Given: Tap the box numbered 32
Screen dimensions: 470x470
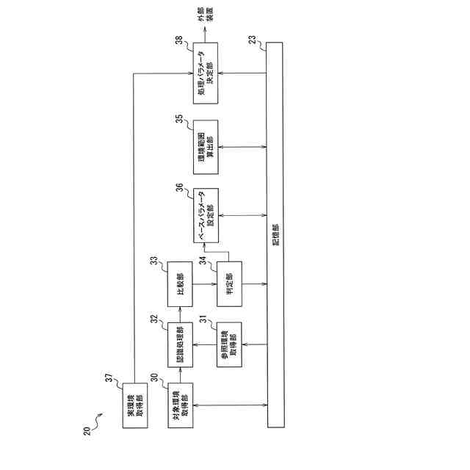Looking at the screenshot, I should tap(181, 344).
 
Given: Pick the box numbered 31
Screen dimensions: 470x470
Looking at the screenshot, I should tap(228, 344).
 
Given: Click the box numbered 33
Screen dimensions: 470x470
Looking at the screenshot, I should tap(181, 283).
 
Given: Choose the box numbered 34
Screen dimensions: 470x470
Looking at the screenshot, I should tap(228, 283).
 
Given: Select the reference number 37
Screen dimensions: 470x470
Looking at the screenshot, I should tap(108, 379).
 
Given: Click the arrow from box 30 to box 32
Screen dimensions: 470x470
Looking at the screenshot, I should tap(181, 375).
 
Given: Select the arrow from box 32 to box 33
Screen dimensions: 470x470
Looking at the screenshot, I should tap(181, 314).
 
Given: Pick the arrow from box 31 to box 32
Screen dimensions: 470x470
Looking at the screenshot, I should tap(205, 344).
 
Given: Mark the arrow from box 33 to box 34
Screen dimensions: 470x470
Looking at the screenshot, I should tap(205, 283).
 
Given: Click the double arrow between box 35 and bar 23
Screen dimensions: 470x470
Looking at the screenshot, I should tap(242, 147).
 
